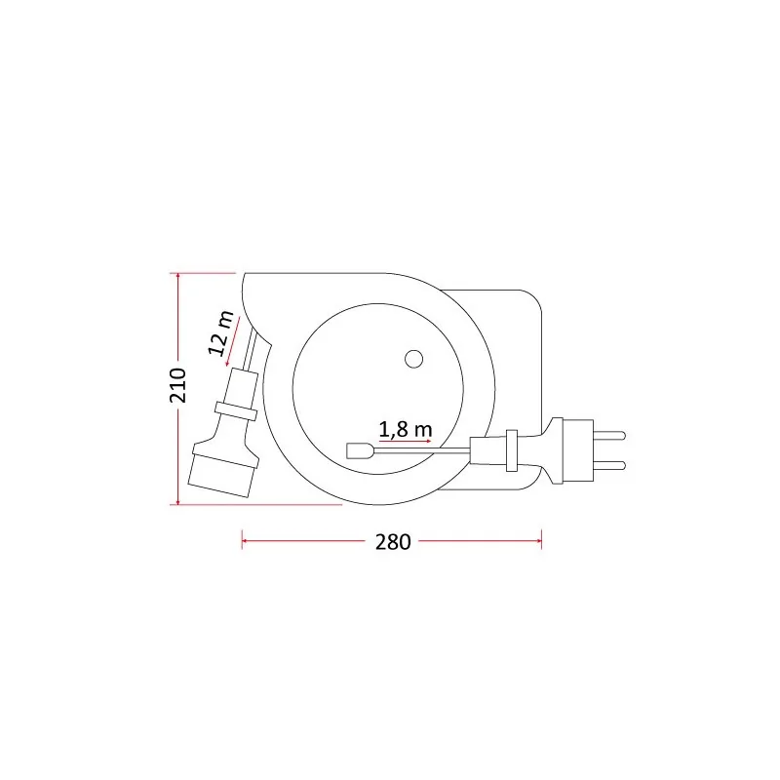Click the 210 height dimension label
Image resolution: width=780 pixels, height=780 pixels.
[x=177, y=385]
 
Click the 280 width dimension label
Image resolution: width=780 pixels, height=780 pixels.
[x=393, y=542]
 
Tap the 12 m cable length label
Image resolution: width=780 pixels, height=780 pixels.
[x=220, y=332]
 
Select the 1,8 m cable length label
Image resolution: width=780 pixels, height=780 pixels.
[x=406, y=430]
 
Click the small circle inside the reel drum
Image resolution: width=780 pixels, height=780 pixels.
[x=413, y=359]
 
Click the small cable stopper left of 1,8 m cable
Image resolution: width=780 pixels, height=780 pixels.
[x=359, y=450]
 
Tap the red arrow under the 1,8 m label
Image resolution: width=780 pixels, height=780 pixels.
[x=405, y=442]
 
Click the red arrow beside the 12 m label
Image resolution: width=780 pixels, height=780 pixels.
[x=233, y=341]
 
